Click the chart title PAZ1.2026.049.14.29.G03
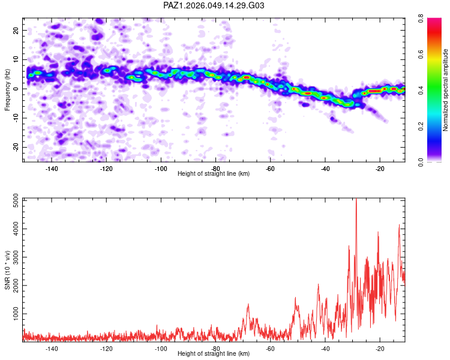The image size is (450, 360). click(x=214, y=5)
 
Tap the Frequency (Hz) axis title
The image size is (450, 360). click(x=7, y=89)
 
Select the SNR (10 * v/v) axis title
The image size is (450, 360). click(x=7, y=270)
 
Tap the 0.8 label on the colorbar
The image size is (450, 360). click(x=431, y=20)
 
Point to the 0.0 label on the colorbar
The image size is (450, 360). click(x=431, y=161)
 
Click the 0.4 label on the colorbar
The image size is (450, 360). click(x=431, y=91)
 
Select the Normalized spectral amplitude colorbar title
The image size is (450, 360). click(x=446, y=90)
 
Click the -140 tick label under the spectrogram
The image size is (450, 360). click(x=51, y=169)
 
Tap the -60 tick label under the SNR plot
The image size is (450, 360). click(x=270, y=349)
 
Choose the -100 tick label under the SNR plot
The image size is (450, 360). click(x=160, y=349)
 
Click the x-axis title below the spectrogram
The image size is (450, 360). click(x=214, y=174)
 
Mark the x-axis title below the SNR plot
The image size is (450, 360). click(x=214, y=354)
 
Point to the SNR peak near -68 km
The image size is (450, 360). click(x=248, y=305)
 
